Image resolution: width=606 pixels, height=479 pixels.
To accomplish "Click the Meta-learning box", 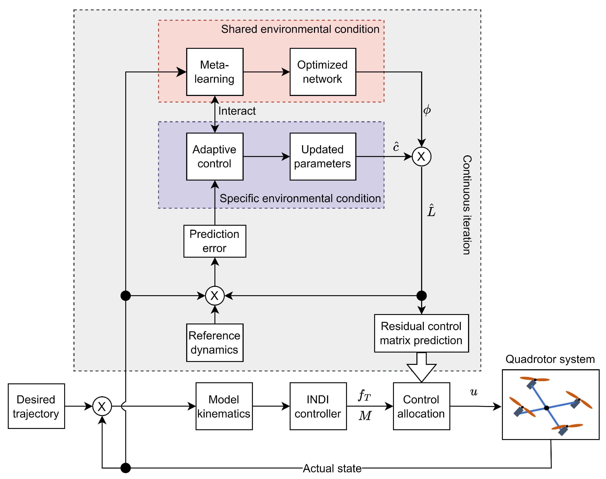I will click(215, 72).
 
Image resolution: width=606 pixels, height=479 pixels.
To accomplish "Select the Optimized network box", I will click(322, 72).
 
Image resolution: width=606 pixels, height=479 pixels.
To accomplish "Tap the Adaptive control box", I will click(215, 156).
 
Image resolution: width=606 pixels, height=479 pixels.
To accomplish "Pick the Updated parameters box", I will click(322, 156).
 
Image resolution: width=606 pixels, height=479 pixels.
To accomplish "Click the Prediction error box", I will click(215, 241).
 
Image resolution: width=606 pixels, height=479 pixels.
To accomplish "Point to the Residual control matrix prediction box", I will click(421, 333).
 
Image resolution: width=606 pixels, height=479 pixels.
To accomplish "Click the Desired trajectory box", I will click(36, 406).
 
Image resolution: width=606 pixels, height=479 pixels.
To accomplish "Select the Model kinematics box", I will click(224, 406).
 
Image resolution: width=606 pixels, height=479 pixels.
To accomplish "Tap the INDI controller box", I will click(318, 406).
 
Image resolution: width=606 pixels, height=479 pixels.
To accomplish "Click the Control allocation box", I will click(421, 406).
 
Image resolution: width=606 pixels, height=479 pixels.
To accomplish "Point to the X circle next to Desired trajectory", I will click(102, 406).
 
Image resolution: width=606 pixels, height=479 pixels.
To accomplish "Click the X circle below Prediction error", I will click(215, 296).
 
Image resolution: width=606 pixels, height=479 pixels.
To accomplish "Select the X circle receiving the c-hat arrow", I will click(421, 156).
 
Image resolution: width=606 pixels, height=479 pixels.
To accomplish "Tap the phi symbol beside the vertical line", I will click(427, 110).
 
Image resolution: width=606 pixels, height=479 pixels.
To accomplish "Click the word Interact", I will click(237, 111).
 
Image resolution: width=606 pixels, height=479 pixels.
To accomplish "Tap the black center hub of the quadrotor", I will click(546, 408).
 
